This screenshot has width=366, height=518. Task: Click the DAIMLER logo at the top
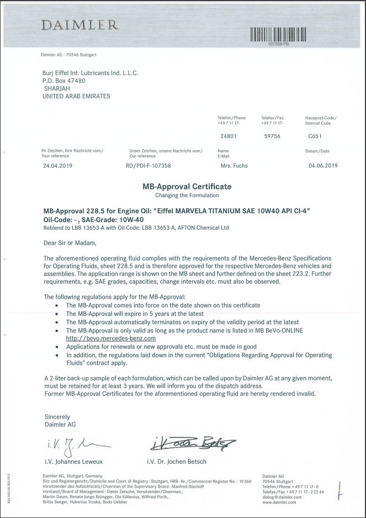tap(78, 24)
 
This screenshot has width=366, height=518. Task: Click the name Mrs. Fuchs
tap(234, 165)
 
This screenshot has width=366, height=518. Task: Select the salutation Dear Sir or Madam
tap(70, 242)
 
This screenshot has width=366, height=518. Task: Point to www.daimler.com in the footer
tap(279, 503)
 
